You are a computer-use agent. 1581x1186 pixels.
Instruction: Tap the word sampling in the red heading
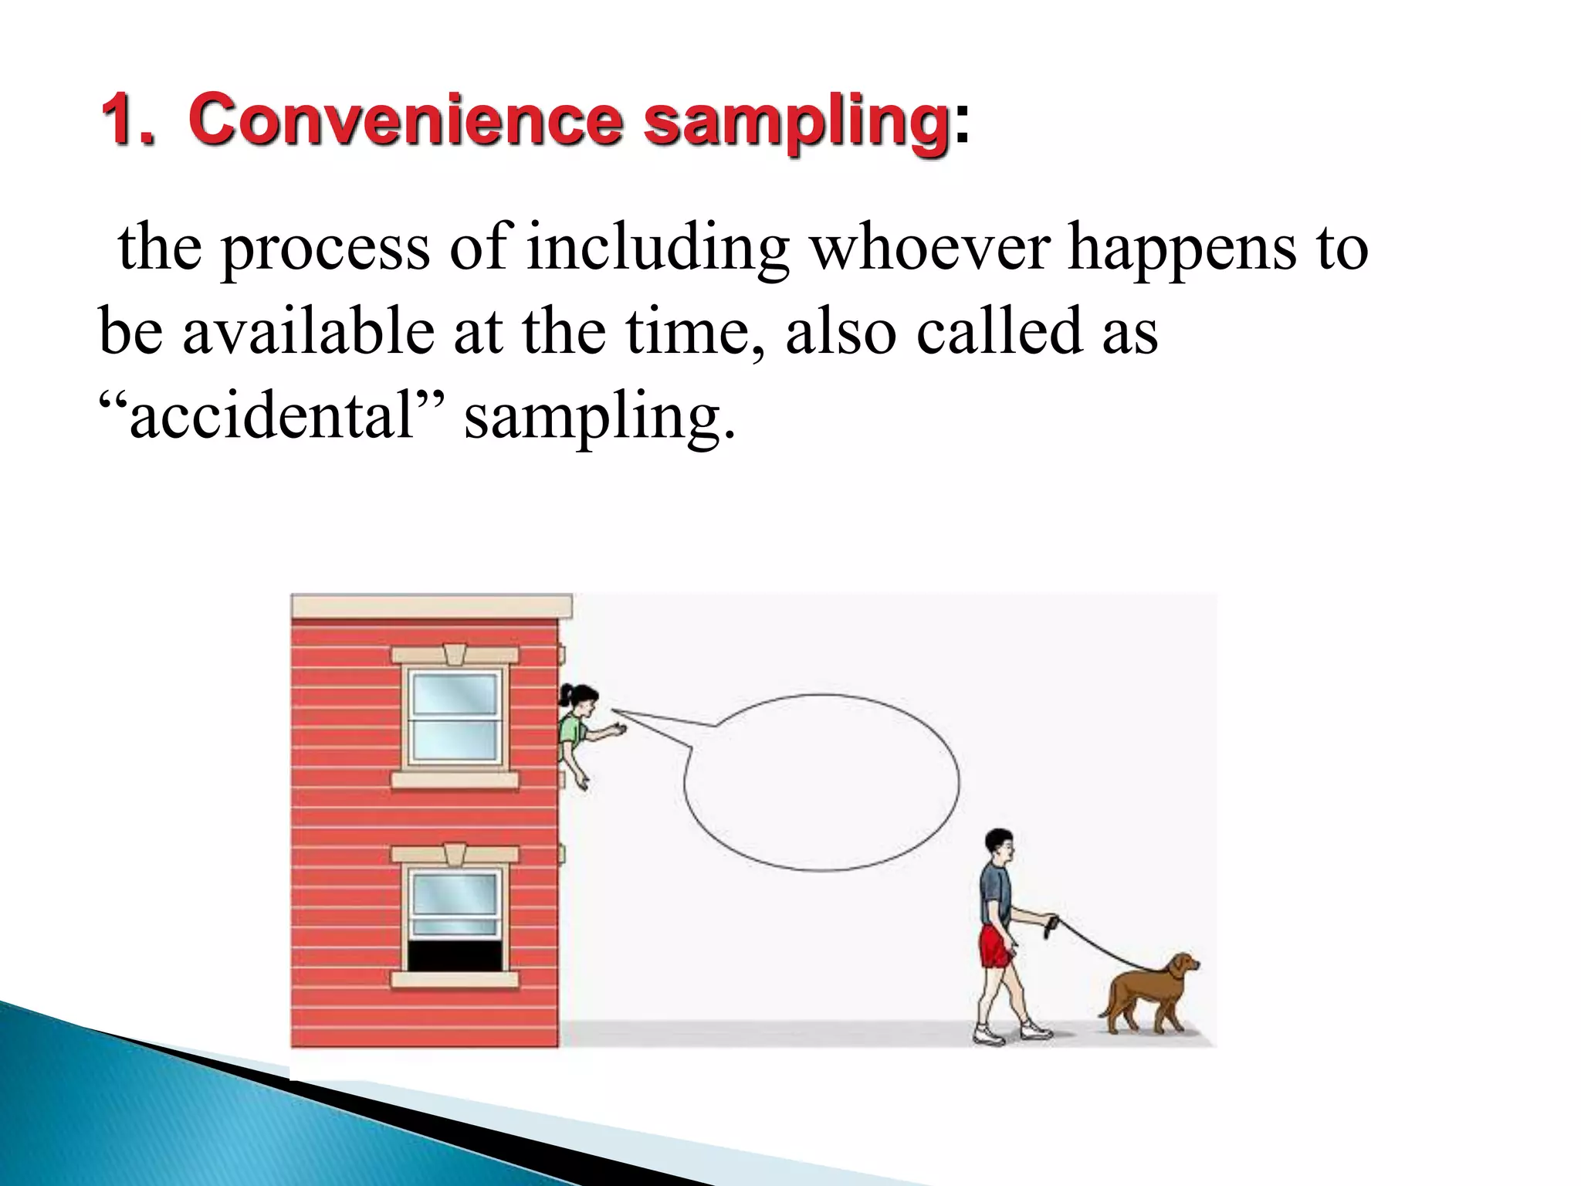(795, 121)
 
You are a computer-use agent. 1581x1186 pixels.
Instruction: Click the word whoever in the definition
(929, 247)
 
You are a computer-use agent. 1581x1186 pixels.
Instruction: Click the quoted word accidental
(272, 416)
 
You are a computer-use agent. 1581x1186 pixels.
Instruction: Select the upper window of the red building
(455, 716)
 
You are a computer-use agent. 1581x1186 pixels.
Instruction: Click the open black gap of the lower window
(455, 956)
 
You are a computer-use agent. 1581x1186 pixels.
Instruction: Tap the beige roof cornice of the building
(431, 606)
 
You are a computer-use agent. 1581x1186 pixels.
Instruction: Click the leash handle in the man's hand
(1050, 926)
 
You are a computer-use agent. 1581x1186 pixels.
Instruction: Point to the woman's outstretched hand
(618, 729)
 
